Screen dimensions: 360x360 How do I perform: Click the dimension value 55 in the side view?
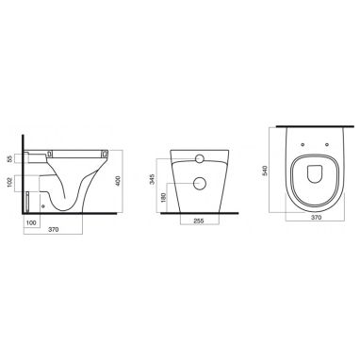point(9,158)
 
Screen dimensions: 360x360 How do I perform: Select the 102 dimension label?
point(9,183)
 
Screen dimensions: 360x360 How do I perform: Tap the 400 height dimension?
point(118,181)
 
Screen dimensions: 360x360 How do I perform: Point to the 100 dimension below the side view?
point(31,222)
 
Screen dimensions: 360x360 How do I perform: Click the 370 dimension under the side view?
point(54,230)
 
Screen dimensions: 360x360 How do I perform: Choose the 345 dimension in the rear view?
point(153,179)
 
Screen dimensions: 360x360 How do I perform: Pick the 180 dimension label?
point(163,198)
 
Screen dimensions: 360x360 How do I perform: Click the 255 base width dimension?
point(199,221)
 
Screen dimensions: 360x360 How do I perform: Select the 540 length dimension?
point(265,171)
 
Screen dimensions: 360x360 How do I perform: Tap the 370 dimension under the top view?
point(316,217)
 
